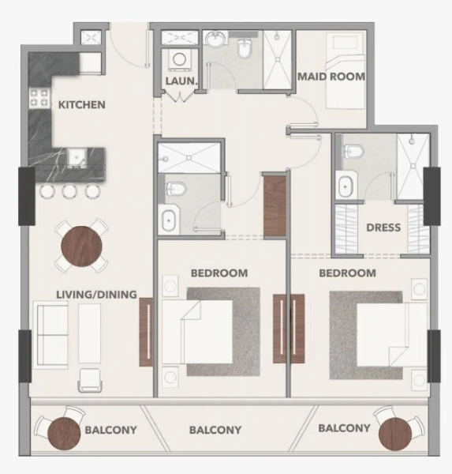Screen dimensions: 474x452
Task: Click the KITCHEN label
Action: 81,104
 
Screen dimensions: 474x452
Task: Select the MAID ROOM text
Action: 331,77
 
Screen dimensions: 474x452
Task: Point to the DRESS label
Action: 383,228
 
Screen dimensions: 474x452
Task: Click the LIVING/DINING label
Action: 97,295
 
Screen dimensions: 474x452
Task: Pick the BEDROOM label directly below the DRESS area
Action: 346,273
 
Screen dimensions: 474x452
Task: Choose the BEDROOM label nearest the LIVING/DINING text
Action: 219,273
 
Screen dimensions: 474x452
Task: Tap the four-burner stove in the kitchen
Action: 39,100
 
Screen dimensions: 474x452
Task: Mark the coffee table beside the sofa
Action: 90,333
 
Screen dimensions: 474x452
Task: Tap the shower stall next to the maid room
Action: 278,62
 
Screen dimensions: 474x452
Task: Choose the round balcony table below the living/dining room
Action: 61,432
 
